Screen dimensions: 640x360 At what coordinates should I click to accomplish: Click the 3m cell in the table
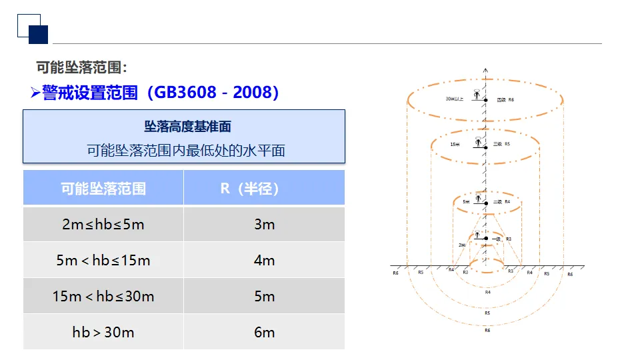[264, 224]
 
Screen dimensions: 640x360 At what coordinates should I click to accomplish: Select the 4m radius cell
[264, 260]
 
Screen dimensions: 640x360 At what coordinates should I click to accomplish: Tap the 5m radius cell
[264, 296]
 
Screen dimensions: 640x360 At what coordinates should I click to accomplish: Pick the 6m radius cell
[264, 332]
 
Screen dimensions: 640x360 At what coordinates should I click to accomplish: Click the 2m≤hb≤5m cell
[103, 224]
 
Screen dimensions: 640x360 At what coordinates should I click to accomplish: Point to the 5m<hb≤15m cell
[103, 260]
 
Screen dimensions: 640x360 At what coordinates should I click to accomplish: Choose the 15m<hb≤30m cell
[103, 296]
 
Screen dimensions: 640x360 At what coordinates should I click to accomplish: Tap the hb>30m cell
[103, 332]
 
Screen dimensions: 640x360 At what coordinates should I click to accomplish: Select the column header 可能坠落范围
[103, 188]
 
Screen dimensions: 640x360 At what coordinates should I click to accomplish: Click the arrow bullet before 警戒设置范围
[35, 93]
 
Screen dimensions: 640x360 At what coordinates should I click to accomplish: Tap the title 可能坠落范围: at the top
[81, 67]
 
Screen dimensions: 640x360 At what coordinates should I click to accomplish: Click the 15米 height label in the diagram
[455, 144]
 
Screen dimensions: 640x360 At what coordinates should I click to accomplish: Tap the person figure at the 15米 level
[477, 141]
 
